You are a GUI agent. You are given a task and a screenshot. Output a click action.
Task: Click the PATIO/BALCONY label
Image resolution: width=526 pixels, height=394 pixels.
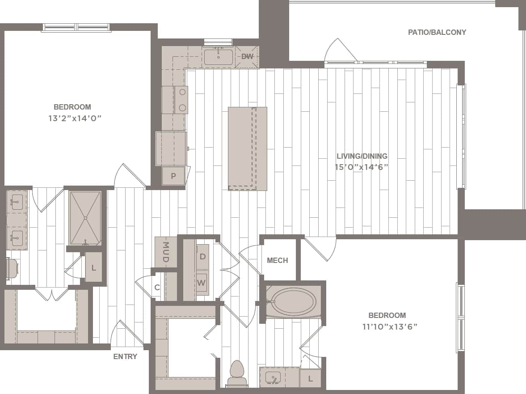437,32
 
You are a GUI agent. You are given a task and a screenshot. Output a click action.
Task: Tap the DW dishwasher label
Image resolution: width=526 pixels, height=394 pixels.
247,57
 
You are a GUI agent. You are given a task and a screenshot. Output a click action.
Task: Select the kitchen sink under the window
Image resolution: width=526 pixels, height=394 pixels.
218,57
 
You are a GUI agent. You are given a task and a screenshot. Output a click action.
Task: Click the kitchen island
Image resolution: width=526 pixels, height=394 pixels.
247,148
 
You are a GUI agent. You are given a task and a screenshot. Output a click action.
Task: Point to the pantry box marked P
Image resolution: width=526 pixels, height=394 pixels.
173,176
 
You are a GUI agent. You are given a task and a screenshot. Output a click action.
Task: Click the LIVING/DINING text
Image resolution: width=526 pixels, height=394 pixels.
362,156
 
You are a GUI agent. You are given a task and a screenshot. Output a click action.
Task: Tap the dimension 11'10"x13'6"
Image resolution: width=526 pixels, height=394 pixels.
390,326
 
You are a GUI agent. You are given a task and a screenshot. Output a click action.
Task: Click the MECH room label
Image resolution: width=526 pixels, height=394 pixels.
277,260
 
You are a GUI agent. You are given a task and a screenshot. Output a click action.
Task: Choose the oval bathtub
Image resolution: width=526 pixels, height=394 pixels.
293,302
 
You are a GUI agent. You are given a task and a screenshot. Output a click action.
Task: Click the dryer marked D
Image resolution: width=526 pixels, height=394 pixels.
202,257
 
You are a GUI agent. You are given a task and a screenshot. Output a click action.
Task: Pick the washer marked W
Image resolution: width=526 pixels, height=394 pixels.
202,283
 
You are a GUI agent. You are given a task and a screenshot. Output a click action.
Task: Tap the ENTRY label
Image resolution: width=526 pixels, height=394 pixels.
125,356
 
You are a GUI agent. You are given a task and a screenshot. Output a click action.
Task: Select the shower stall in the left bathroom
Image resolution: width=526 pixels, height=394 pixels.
85,218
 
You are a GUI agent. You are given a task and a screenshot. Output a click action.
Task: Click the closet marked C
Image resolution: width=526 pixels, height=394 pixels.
157,288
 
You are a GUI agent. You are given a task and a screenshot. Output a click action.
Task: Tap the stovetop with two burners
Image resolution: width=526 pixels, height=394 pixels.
182,100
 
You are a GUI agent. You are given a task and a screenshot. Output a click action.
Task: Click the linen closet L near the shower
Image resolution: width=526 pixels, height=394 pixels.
93,267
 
